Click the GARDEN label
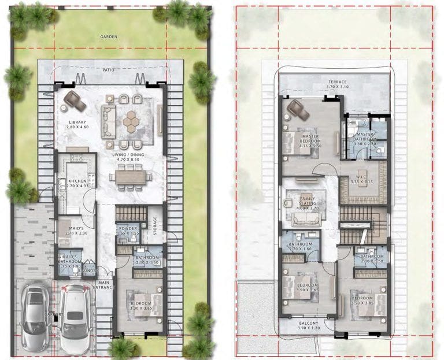coord(109,36)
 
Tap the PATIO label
coord(109,70)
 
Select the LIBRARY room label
coord(77,123)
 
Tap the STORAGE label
coord(155,225)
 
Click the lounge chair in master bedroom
coord(298,109)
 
